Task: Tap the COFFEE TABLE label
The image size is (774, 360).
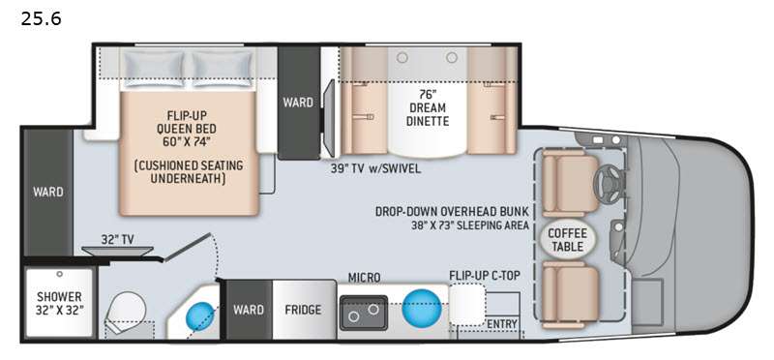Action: coord(568,240)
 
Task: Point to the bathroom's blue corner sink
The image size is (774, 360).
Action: coord(199,315)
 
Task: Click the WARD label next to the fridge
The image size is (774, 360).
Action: coord(249,311)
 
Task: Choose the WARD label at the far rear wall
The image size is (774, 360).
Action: coord(47,192)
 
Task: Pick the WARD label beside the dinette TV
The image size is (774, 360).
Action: coord(298,102)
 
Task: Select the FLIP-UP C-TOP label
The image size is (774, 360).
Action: coord(484,276)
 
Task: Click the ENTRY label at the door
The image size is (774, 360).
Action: coord(502,323)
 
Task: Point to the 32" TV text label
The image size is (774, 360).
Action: coord(118,236)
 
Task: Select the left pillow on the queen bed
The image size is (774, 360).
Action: coord(157,66)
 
